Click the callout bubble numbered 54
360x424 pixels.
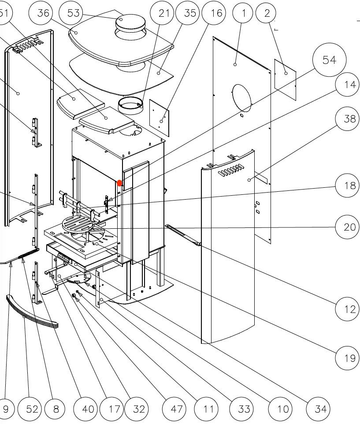pos(329,60)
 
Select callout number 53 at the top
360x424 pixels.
pos(73,13)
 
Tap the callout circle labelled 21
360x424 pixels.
pos(163,13)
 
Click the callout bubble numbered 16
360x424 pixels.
pos(216,13)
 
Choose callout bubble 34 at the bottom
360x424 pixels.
pos(320,409)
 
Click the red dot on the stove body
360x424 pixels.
pos(119,182)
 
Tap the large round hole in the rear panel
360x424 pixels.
pos(241,97)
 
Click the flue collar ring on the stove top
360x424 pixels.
pos(130,106)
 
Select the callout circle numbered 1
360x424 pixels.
pos(244,13)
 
